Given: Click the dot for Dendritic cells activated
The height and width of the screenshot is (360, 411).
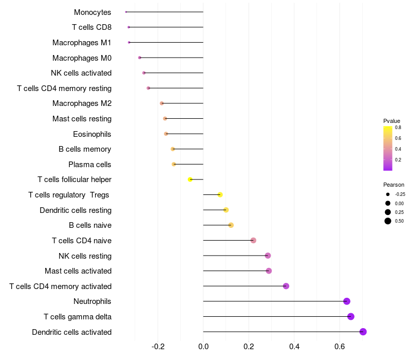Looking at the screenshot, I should (363, 332).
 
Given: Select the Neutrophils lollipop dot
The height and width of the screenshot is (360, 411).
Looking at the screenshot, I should (347, 301).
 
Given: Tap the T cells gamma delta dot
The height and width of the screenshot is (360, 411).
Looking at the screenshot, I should (351, 316).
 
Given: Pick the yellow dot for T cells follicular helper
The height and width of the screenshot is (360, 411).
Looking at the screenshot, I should (190, 179).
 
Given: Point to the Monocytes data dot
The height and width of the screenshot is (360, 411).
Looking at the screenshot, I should (126, 12).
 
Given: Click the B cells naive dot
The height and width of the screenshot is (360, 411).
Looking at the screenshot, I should (231, 225).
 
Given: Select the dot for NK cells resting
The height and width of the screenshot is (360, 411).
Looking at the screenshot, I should (268, 256).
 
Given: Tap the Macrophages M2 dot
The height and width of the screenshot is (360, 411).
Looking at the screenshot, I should (162, 103).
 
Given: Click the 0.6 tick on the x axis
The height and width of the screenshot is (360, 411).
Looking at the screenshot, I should (340, 347).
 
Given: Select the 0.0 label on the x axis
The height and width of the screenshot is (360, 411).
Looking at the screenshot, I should (203, 347).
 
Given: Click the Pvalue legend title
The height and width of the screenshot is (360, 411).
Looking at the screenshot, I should (392, 121).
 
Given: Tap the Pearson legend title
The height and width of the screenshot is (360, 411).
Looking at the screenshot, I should (394, 185).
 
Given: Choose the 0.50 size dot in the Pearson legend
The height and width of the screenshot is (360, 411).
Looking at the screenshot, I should (388, 221).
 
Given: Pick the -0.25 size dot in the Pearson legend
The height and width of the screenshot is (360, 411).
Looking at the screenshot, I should (388, 194).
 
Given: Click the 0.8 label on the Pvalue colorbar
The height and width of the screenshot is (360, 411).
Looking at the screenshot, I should (398, 128).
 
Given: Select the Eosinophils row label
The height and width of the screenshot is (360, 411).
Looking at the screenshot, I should (92, 134).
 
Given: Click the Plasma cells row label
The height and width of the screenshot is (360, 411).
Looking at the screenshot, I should (90, 165).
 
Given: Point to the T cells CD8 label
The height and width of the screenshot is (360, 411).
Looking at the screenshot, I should (92, 27).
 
